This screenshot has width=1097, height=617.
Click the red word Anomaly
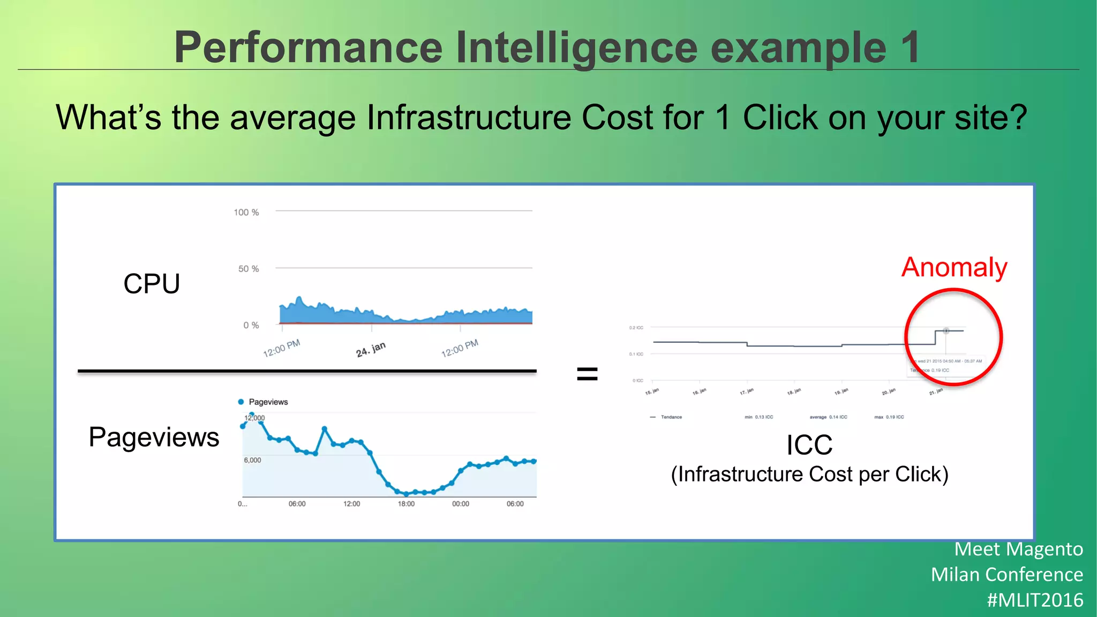click(954, 267)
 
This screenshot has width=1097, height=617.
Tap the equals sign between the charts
click(587, 373)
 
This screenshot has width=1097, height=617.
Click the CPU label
click(152, 283)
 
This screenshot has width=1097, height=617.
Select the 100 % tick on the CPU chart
click(246, 213)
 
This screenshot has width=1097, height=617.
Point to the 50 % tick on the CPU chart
click(248, 269)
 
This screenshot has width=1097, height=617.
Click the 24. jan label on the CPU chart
click(371, 349)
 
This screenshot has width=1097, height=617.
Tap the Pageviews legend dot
click(241, 402)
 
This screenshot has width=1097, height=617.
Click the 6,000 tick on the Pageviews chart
click(252, 460)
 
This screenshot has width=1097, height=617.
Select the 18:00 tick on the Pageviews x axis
click(406, 504)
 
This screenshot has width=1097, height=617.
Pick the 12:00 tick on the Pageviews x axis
click(351, 504)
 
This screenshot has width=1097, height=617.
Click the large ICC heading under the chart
click(809, 445)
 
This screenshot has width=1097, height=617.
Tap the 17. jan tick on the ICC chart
click(747, 392)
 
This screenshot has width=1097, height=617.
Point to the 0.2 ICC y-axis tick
click(636, 327)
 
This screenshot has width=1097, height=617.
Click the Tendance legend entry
click(671, 417)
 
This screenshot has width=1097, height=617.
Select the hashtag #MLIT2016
click(1035, 600)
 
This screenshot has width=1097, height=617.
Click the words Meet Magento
click(1018, 549)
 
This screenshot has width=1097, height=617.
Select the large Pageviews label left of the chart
click(154, 437)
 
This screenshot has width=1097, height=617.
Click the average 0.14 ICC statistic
click(828, 417)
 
